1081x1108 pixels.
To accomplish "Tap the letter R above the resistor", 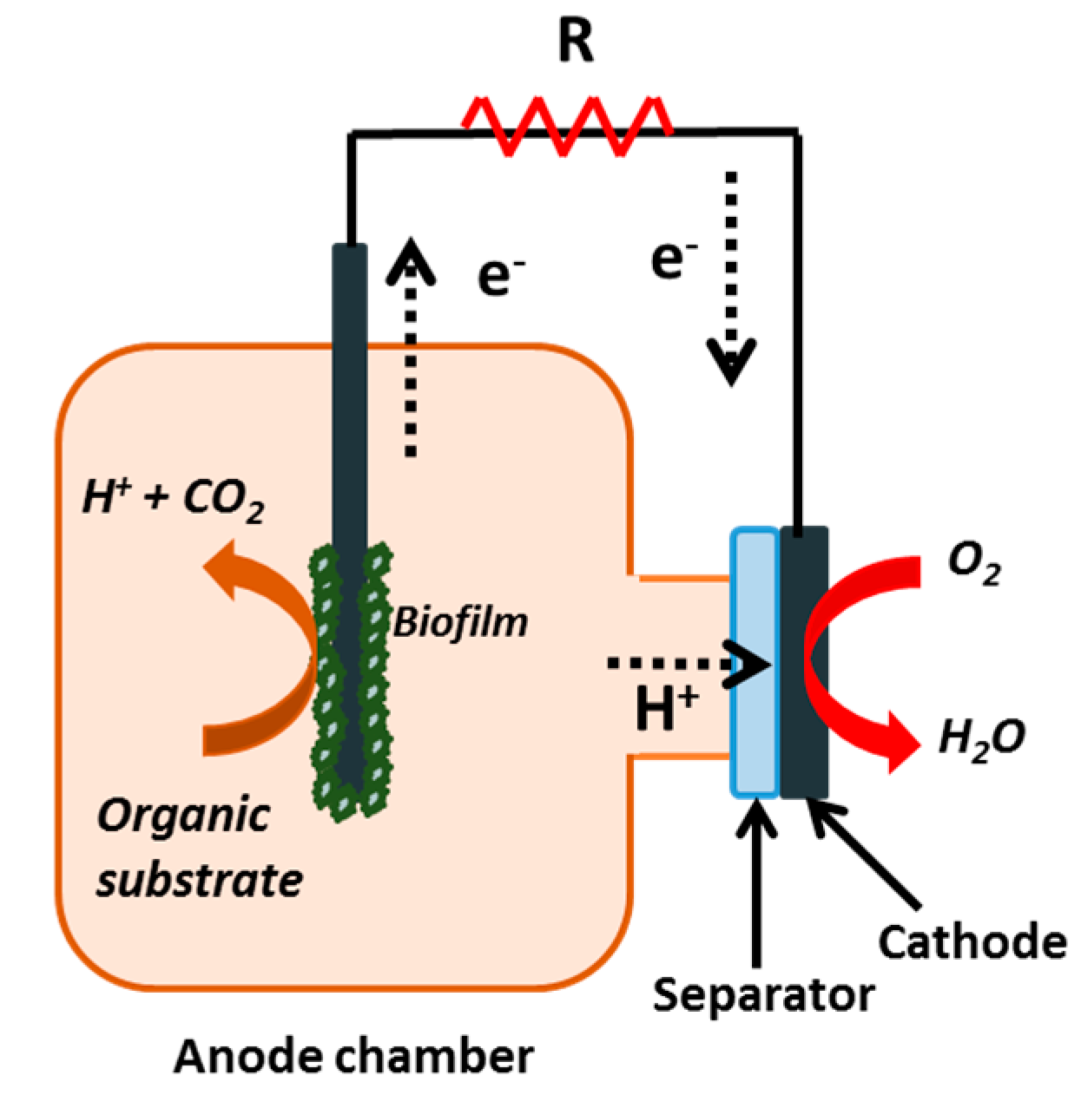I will click(x=576, y=43).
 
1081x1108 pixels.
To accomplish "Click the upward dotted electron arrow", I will click(x=411, y=347).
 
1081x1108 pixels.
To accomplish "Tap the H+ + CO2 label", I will click(x=173, y=502).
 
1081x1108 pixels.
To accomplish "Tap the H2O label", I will click(x=981, y=738).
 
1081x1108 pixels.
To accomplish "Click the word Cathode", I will click(x=972, y=941).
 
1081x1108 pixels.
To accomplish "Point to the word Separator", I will click(x=763, y=994).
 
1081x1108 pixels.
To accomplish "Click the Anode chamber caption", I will click(x=353, y=1057).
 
